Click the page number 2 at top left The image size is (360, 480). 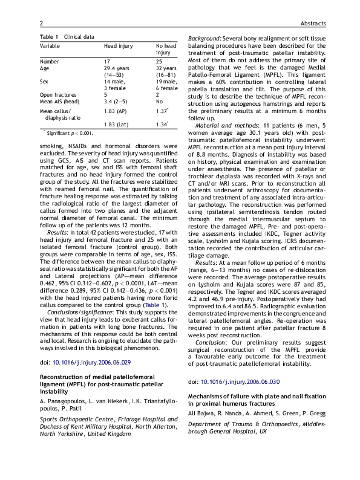[41, 24]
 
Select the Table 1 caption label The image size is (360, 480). [50, 37]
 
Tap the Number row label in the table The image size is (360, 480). [50, 62]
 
